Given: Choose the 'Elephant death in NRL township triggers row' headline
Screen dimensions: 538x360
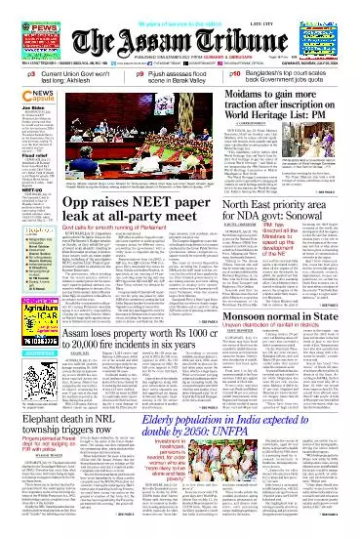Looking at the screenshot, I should [69, 433].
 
